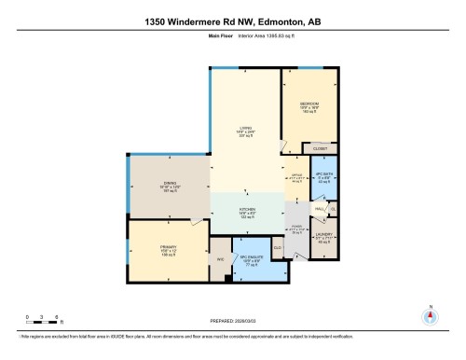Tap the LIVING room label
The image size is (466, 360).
[247, 130]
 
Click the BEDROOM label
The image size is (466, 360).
[309, 104]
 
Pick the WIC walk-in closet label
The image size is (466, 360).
[220, 259]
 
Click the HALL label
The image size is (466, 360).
[318, 209]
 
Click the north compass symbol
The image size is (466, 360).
[431, 315]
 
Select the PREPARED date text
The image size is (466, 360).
[233, 316]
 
